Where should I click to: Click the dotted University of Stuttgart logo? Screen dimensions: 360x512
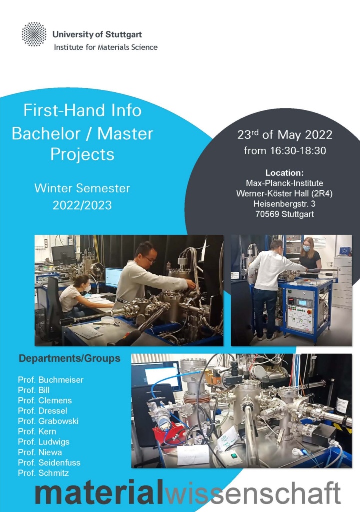tap(34, 34)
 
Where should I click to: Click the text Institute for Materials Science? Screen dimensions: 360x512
tap(106, 47)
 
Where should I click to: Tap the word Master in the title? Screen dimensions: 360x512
tap(125, 134)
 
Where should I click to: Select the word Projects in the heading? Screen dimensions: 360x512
tap(82, 155)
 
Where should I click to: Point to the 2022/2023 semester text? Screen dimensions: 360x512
tap(82, 205)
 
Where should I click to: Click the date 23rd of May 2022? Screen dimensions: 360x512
tap(285, 134)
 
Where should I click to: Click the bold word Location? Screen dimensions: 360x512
tap(284, 173)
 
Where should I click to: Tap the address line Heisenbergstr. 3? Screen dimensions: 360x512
tap(284, 204)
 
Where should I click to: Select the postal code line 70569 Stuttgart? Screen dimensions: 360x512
tap(285, 214)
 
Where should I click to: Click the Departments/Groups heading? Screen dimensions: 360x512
tap(69, 358)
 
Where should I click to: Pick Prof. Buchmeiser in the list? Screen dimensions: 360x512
tap(51, 380)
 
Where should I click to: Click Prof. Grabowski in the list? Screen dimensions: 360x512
tap(48, 421)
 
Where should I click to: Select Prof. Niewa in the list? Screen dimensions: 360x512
tap(40, 452)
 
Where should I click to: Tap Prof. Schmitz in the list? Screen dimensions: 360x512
tap(43, 473)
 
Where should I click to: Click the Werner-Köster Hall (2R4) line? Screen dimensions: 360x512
tap(284, 194)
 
